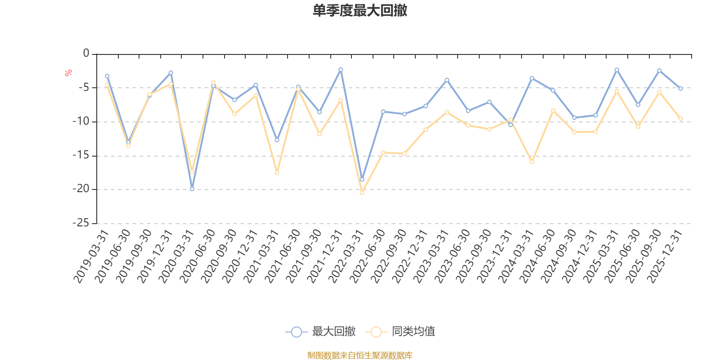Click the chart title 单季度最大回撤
click(x=360, y=11)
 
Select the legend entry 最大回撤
click(x=320, y=332)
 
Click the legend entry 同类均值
click(x=400, y=332)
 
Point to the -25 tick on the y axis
click(x=81, y=223)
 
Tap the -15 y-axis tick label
click(x=81, y=156)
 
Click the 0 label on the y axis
click(x=86, y=54)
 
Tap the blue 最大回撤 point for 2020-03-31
click(x=192, y=189)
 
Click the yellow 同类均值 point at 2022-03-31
click(x=362, y=193)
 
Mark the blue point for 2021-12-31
click(x=341, y=70)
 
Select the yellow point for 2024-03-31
click(x=532, y=162)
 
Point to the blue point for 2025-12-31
click(x=680, y=89)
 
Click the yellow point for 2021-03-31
click(x=277, y=173)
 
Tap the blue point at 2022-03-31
click(x=362, y=180)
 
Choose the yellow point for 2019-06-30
click(x=128, y=146)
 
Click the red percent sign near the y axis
click(x=68, y=73)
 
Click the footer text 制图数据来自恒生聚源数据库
click(x=360, y=355)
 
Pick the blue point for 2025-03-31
click(x=617, y=70)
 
